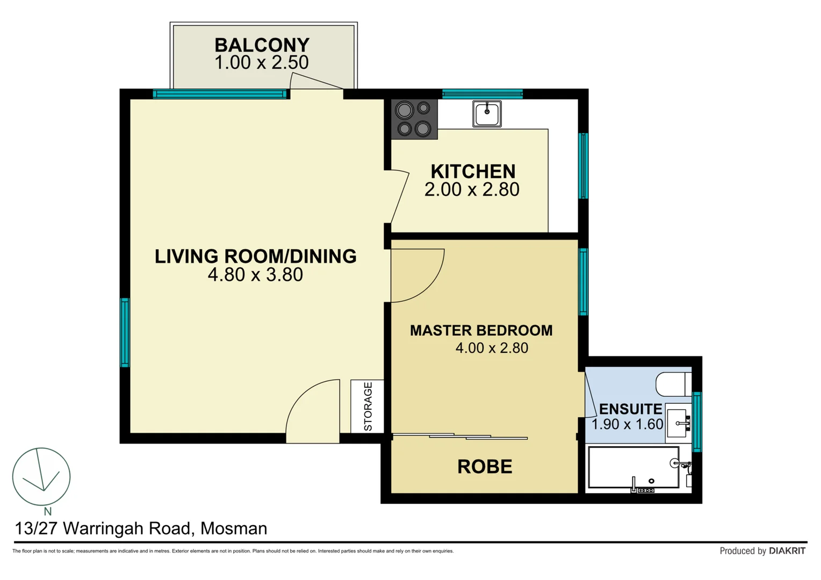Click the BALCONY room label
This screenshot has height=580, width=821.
pyautogui.click(x=262, y=45)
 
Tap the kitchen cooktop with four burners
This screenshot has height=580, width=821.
pyautogui.click(x=414, y=119)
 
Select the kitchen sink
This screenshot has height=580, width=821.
pyautogui.click(x=487, y=114)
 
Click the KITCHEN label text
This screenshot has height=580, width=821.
pyautogui.click(x=473, y=171)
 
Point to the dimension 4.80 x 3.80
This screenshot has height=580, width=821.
pyautogui.click(x=255, y=275)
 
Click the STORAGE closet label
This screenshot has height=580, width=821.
pyautogui.click(x=368, y=406)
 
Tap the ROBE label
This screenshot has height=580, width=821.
pyautogui.click(x=485, y=467)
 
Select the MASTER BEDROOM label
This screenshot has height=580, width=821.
pyautogui.click(x=481, y=330)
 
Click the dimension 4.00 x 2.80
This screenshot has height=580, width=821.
pyautogui.click(x=492, y=348)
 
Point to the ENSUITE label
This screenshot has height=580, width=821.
pyautogui.click(x=630, y=409)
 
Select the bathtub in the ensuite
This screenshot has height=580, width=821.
pyautogui.click(x=634, y=468)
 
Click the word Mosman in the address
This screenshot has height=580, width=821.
pyautogui.click(x=234, y=528)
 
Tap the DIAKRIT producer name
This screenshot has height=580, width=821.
pyautogui.click(x=787, y=551)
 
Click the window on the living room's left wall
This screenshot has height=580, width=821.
pyautogui.click(x=125, y=332)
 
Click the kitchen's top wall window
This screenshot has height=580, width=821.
pyautogui.click(x=482, y=94)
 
